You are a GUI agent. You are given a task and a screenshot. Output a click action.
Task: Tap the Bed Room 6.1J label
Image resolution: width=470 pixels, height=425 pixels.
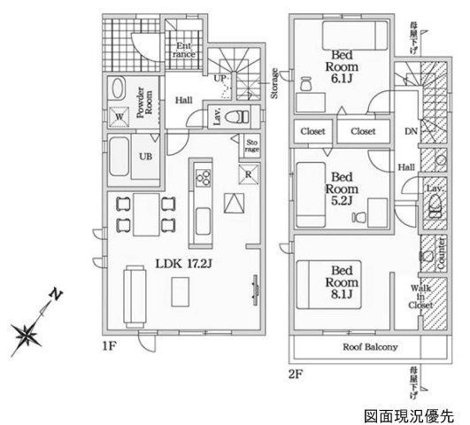[340, 66]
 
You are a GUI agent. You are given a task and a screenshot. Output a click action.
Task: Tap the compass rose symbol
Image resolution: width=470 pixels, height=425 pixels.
[32, 333]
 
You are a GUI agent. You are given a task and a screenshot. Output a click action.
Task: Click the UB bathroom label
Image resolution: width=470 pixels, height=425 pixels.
[142, 159]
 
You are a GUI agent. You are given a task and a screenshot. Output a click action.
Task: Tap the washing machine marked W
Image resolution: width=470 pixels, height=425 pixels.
[119, 115]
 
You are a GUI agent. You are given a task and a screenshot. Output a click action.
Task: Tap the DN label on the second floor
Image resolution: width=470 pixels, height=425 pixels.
[411, 133]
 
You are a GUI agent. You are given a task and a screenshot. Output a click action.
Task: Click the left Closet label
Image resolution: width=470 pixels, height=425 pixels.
[313, 131]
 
